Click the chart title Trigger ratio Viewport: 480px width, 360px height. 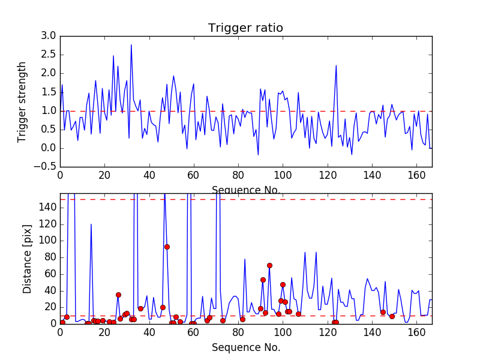tap(245, 28)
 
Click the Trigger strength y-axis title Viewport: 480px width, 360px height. tap(22, 102)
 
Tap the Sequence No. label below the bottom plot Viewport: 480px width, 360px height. tap(246, 347)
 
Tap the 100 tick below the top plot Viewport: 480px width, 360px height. tap(283, 176)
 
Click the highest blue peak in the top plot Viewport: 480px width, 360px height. tap(131, 45)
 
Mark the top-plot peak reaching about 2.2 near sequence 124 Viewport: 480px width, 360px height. tap(336, 65)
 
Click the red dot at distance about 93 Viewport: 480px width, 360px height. tap(167, 247)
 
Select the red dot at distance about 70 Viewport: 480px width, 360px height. tap(269, 265)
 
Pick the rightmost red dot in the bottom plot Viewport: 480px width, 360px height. tap(392, 316)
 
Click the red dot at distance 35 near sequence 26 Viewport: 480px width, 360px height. tap(118, 295)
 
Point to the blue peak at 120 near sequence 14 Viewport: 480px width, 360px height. tap(91, 224)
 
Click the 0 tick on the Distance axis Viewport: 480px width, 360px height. tap(53, 323)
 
